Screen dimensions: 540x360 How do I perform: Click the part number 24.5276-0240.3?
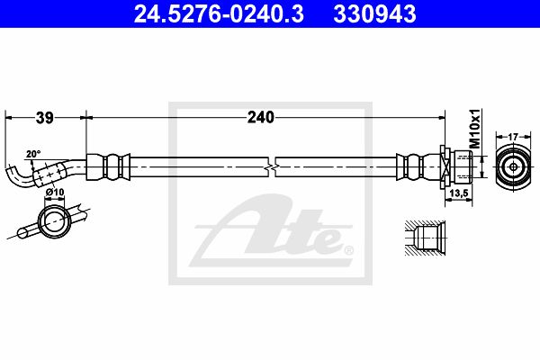click(x=219, y=14)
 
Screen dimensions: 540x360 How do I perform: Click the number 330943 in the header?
click(x=374, y=14)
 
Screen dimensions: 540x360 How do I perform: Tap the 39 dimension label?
click(x=45, y=118)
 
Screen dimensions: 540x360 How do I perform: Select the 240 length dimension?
click(x=261, y=118)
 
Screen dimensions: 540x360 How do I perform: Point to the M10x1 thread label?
click(x=475, y=128)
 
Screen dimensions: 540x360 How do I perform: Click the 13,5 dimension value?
click(x=459, y=193)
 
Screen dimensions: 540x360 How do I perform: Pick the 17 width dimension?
click(x=513, y=137)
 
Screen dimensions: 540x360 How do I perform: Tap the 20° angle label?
click(x=33, y=154)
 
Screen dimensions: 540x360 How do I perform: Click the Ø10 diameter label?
click(x=55, y=192)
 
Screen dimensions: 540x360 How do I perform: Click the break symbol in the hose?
click(x=272, y=167)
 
